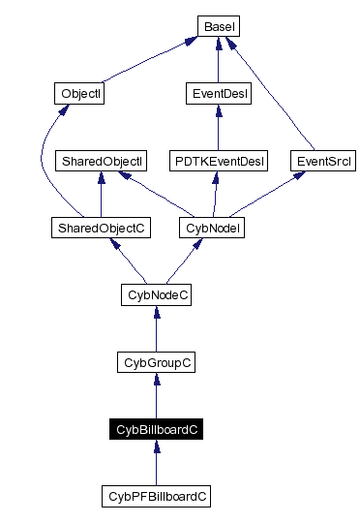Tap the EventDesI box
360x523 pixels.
pos(218,94)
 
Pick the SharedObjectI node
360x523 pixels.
pos(102,160)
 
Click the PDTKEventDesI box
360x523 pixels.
pos(218,160)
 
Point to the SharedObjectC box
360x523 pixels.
pos(102,228)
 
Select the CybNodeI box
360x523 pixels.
pos(211,228)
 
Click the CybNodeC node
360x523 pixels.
pos(156,294)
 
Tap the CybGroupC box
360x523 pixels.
pos(156,362)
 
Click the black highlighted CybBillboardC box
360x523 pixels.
pos(156,429)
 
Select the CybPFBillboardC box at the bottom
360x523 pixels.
pos(156,496)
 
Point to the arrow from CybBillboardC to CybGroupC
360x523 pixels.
pos(156,397)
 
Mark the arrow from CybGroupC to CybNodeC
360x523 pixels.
pos(156,329)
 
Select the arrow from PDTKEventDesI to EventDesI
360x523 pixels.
pos(218,128)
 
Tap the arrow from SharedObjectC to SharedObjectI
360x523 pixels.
pos(102,195)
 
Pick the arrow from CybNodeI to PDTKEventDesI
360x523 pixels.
pos(214,195)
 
